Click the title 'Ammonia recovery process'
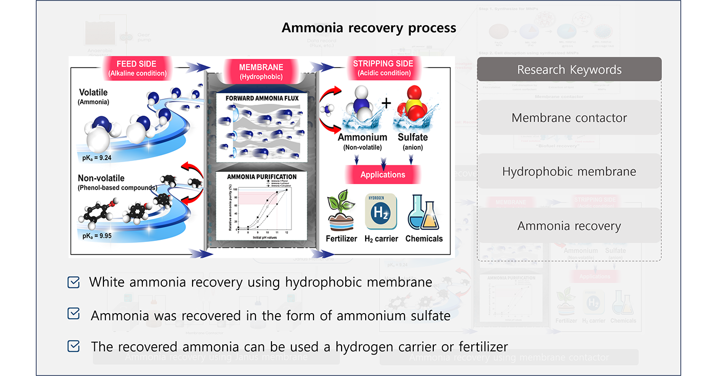[x=369, y=28]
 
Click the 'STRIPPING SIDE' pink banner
[x=383, y=68]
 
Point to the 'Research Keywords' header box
[x=569, y=70]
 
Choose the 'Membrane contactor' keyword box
[x=569, y=118]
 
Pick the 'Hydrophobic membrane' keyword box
[x=569, y=172]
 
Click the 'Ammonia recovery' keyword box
[x=569, y=226]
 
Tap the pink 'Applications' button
[x=383, y=174]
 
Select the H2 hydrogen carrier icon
[x=381, y=211]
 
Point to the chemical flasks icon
[x=424, y=213]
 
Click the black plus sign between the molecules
[x=386, y=103]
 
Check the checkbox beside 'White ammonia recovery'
[x=74, y=282]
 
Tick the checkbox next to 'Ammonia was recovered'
[x=74, y=314]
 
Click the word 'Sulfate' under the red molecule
[x=413, y=137]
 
